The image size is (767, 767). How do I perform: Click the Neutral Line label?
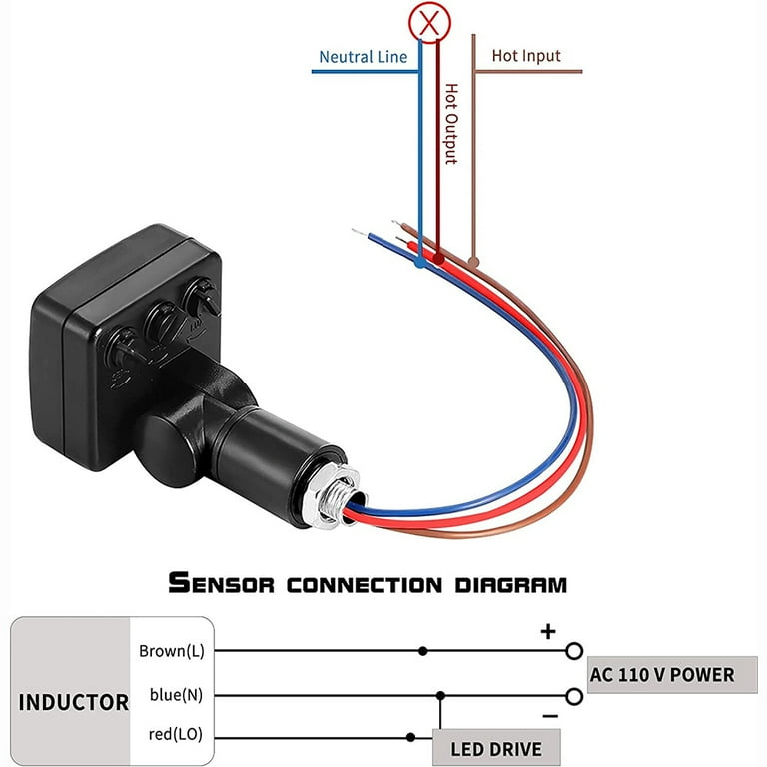(x=363, y=57)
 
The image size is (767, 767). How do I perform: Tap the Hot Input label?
(x=526, y=56)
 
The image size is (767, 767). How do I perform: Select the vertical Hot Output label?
(x=451, y=124)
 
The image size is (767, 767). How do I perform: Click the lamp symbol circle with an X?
(x=429, y=23)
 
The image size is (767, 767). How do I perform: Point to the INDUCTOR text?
(x=73, y=702)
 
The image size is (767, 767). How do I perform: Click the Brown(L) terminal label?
(x=172, y=651)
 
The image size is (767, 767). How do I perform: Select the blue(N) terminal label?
(x=176, y=695)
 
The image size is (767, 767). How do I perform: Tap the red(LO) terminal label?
(x=176, y=734)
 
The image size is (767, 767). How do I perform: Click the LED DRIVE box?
(x=496, y=747)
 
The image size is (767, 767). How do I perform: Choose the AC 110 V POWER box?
(x=672, y=675)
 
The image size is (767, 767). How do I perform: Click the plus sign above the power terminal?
(x=548, y=631)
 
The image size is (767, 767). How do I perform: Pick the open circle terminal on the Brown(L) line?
(x=574, y=651)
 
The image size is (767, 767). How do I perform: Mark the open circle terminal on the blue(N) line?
(x=574, y=696)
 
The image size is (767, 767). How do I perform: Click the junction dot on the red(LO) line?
(x=410, y=737)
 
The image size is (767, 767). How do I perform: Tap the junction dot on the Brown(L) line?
(x=423, y=651)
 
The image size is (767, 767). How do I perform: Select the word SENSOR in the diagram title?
(x=221, y=583)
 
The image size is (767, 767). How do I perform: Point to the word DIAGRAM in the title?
(x=511, y=585)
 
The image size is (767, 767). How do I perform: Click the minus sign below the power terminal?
(x=550, y=717)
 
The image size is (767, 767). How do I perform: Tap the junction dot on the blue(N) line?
(x=440, y=695)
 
